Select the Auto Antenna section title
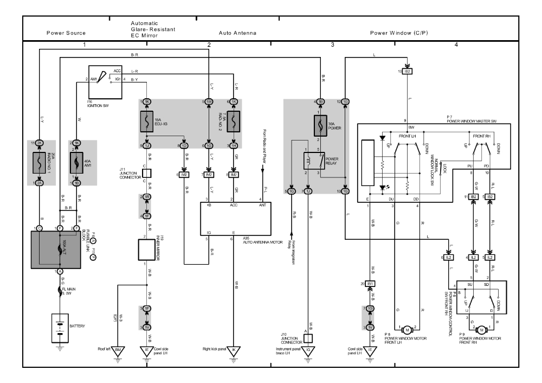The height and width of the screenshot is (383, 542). (237, 33)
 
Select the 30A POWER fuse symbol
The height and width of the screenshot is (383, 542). (319, 124)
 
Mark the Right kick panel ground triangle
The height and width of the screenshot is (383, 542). (234, 350)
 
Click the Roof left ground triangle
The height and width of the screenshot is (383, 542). (119, 350)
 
